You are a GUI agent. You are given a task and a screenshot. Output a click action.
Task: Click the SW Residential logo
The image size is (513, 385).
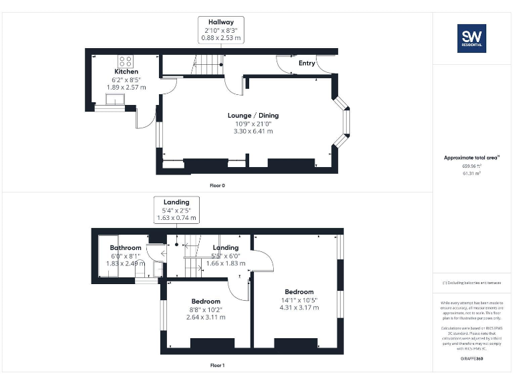472,38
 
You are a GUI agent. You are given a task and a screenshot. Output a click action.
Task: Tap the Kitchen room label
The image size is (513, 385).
126,72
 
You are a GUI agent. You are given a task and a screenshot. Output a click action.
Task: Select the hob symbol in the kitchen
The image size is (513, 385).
125,60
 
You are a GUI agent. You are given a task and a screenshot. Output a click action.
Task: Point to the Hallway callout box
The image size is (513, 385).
221,30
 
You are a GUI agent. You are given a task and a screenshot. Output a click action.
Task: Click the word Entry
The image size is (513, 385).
307,63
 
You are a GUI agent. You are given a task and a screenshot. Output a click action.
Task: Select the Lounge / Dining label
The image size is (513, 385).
253,116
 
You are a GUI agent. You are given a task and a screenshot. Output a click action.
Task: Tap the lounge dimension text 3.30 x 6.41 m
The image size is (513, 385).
253,132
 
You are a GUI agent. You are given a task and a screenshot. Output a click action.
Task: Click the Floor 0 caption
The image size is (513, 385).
217,185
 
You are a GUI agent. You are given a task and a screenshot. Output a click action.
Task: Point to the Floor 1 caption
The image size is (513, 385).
217,366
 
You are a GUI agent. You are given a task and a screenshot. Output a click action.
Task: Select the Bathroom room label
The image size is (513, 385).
126,248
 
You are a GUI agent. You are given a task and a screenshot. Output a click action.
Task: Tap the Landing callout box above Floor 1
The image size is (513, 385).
176,210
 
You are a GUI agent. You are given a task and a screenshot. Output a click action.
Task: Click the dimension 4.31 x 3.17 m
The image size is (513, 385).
299,307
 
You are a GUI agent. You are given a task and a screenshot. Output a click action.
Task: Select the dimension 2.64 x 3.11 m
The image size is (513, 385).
205,317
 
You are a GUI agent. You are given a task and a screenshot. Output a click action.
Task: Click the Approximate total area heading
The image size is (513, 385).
471,158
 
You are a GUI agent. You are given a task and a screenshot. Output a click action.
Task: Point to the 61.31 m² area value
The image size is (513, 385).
472,173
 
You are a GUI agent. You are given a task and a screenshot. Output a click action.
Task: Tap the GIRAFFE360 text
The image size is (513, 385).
472,360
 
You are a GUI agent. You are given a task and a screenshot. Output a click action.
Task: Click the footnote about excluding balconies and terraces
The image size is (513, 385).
472,283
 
